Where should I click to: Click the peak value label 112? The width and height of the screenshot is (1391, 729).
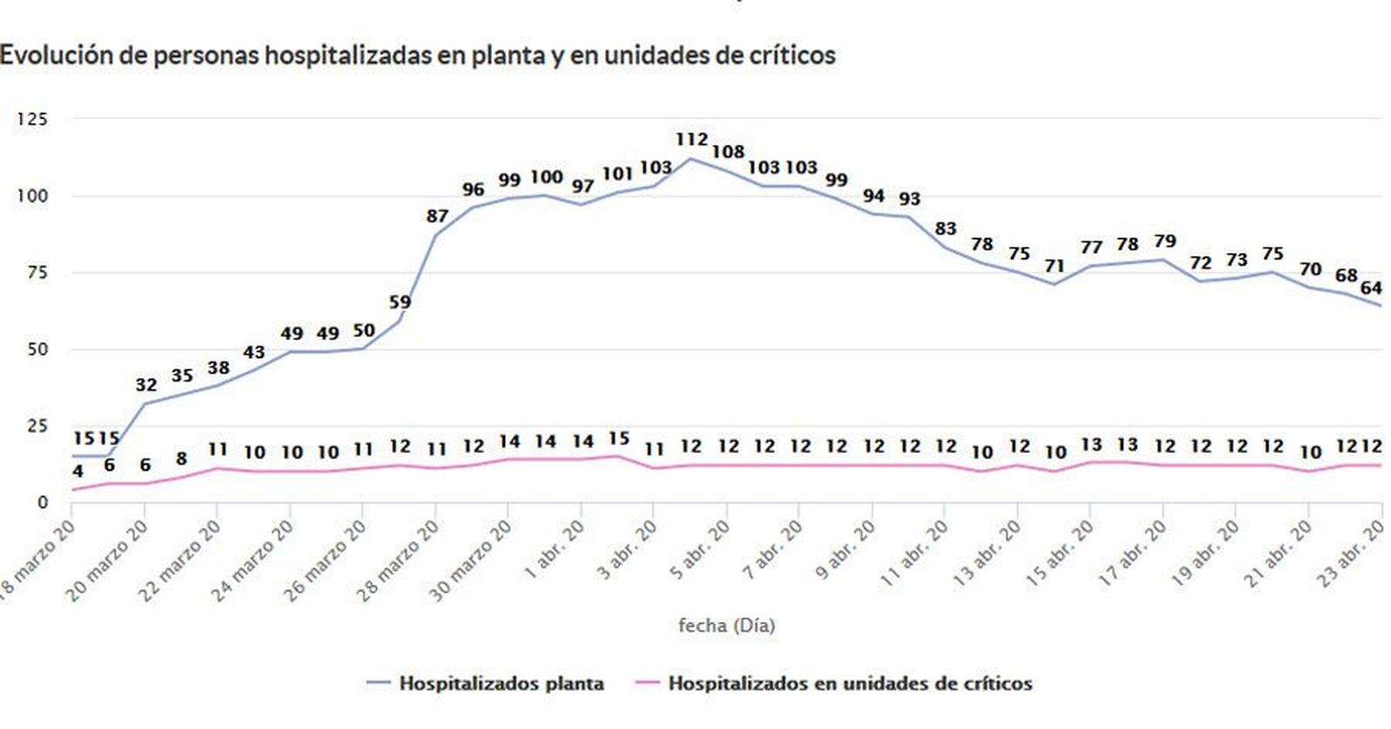tap(691, 139)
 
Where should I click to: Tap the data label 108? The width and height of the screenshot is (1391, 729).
tap(728, 152)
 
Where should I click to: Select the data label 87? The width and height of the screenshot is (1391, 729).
tap(437, 216)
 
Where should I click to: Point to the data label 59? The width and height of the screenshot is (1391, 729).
tap(400, 302)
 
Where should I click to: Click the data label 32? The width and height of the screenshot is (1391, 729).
tap(146, 384)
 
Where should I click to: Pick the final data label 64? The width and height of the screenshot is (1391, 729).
tap(1371, 288)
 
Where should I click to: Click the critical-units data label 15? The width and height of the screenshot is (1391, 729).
tap(618, 438)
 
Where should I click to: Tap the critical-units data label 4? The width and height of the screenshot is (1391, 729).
tap(78, 472)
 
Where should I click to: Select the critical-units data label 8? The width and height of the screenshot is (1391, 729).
tap(181, 458)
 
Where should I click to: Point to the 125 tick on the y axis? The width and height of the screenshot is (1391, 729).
tap(32, 119)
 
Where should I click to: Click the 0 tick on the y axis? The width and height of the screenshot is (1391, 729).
tap(42, 502)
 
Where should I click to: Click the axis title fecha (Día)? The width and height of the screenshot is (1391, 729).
tap(726, 625)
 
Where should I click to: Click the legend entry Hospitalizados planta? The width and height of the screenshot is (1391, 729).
tap(501, 683)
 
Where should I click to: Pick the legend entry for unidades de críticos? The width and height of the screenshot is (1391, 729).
tap(849, 683)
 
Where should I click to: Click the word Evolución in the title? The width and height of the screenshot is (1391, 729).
tap(44, 55)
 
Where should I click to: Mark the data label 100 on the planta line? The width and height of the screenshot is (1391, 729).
tap(546, 177)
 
